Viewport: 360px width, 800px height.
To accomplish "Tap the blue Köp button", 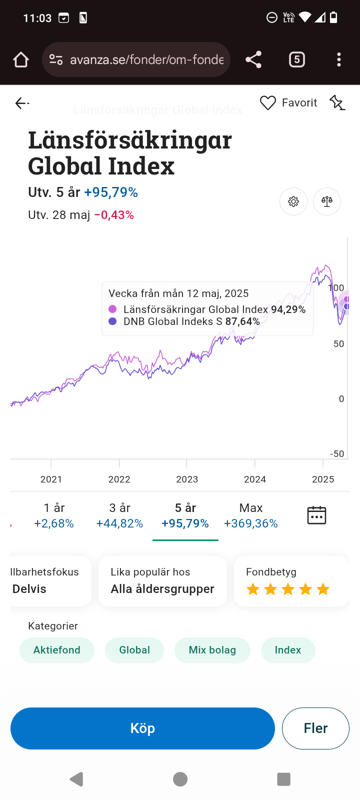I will [142, 728].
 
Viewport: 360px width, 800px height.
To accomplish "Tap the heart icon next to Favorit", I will [268, 103].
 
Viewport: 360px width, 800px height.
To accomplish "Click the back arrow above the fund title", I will [21, 103].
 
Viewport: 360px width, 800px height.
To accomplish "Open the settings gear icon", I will [293, 201].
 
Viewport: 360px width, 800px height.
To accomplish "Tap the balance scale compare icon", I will [327, 201].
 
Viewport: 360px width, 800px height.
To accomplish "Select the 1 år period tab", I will [54, 515].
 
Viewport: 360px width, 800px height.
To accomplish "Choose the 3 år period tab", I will [119, 515].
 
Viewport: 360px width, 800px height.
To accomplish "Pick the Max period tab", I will [250, 515].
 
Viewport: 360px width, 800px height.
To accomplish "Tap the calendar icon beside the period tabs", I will [316, 515].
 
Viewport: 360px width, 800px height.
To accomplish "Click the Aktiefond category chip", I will [57, 650].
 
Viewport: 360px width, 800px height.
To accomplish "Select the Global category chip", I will [134, 650].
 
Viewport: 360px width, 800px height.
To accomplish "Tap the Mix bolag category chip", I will [212, 650].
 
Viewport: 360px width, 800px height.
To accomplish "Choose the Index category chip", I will [288, 650].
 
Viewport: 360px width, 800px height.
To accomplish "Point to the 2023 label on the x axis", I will [187, 479].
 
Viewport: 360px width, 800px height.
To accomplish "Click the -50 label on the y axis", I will [337, 453].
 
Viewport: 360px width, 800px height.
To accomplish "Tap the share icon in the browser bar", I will [253, 59].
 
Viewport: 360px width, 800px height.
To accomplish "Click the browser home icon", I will [21, 60].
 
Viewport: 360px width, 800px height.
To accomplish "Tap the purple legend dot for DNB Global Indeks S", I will [112, 321].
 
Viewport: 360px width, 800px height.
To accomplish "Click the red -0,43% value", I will [114, 215].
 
